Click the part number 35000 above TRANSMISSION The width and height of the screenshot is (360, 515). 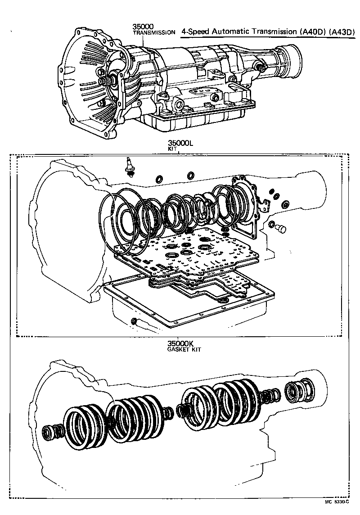point(143,27)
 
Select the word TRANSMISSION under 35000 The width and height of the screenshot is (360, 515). point(153,33)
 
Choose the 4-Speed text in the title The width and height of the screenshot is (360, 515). point(194,32)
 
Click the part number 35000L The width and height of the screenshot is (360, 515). point(180,143)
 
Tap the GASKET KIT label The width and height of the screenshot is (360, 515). point(184,349)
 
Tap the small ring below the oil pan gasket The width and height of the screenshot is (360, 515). point(134,321)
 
